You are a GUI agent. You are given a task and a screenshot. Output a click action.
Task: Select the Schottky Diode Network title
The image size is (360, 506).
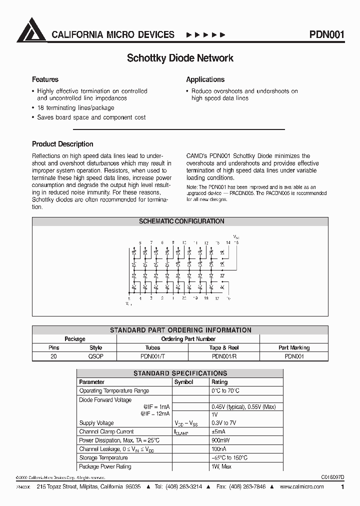(180, 58)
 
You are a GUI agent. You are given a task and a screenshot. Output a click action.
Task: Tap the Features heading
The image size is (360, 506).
(45, 79)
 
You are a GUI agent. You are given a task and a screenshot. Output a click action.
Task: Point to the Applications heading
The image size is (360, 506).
(205, 79)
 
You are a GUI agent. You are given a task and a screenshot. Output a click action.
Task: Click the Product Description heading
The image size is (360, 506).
(62, 144)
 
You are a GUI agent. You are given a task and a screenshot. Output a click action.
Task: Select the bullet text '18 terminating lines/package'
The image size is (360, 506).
(75, 108)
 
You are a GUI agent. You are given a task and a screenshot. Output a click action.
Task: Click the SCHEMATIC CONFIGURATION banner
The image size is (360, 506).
(180, 221)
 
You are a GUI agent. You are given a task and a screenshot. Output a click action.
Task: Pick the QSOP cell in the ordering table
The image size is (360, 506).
(95, 356)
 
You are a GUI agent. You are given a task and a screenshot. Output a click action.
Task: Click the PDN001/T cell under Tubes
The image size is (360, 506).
(152, 356)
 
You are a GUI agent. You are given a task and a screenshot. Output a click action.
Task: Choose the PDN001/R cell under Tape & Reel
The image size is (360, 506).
(224, 356)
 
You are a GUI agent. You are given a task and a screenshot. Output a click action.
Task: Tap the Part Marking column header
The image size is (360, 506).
(294, 347)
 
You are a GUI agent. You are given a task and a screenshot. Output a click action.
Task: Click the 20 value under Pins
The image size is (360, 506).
(53, 356)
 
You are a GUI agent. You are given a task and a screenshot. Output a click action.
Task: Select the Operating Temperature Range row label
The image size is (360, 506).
(114, 391)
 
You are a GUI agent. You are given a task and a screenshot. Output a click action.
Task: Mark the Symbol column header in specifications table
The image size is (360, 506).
(183, 382)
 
